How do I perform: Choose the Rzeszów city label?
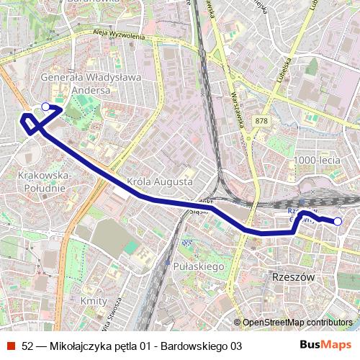[x=291, y=276]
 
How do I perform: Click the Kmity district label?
[x=94, y=301]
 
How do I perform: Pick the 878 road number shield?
[x=260, y=121]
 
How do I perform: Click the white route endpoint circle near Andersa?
[x=45, y=107]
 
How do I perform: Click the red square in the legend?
[x=10, y=346]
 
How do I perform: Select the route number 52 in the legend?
[x=28, y=346]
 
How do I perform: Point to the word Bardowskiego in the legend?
[x=194, y=346]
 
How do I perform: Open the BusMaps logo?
[x=330, y=346]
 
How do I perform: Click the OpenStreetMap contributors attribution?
[x=297, y=323]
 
